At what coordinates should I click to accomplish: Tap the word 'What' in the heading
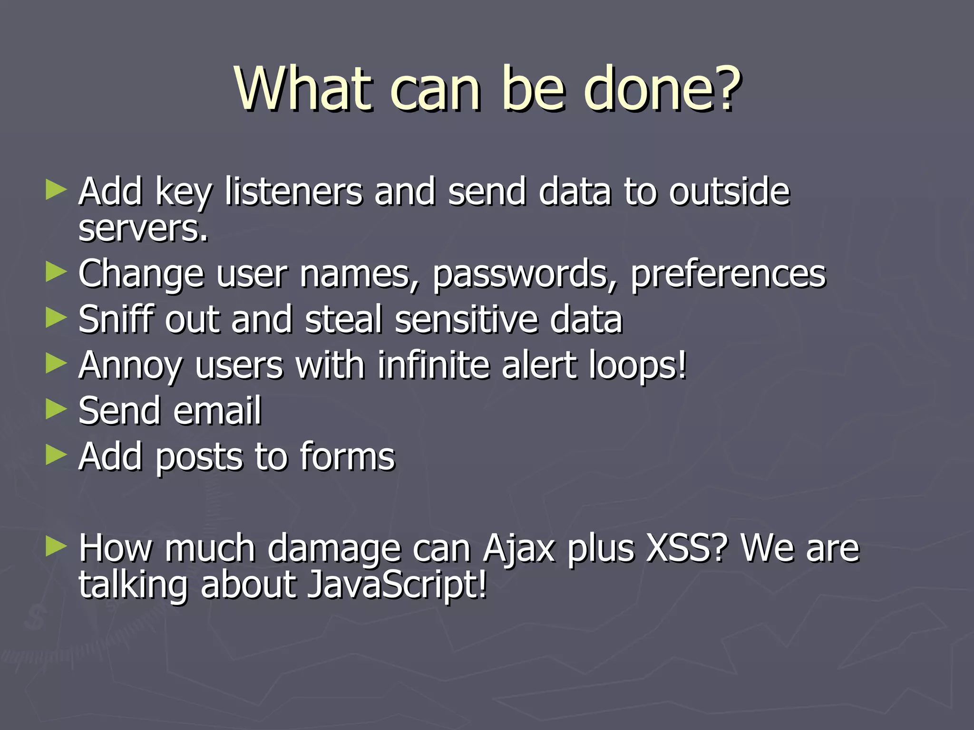[x=303, y=89]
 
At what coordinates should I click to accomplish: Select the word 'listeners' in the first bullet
[x=293, y=192]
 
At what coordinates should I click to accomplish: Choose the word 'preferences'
[x=728, y=274]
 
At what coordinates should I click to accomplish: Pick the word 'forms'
[x=347, y=456]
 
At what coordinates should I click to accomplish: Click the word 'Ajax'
[x=518, y=549]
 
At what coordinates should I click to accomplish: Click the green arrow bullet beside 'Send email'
[x=56, y=409]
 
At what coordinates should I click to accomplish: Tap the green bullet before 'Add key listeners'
[x=56, y=190]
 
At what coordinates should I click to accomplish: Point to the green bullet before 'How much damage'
[x=56, y=547]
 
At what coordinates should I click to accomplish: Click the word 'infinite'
[x=434, y=365]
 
